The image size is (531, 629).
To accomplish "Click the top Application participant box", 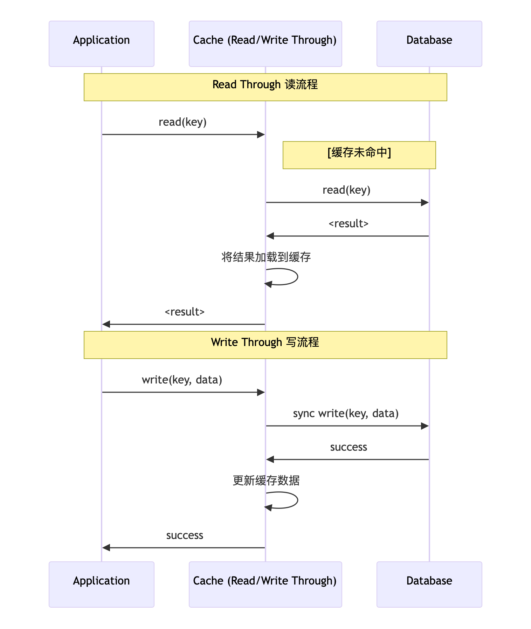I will pyautogui.click(x=102, y=44).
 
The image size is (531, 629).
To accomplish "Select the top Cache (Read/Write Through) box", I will pyautogui.click(x=265, y=44).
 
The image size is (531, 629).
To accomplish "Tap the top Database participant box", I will pyautogui.click(x=429, y=44).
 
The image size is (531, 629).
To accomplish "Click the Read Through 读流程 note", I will pyautogui.click(x=265, y=87).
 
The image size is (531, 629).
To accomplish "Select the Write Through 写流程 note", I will pyautogui.click(x=265, y=345).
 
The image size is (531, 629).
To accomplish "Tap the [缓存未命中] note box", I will pyautogui.click(x=359, y=155).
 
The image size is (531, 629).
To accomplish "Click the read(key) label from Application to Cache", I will pyautogui.click(x=182, y=122).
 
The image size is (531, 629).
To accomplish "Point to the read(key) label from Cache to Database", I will pyautogui.click(x=346, y=190).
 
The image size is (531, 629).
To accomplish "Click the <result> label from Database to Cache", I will pyautogui.click(x=349, y=224).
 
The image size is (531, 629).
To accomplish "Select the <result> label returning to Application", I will pyautogui.click(x=185, y=312).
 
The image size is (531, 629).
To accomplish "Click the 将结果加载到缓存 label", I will pyautogui.click(x=266, y=257).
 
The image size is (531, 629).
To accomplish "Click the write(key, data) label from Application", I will pyautogui.click(x=182, y=380).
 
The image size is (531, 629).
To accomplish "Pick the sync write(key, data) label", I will pyautogui.click(x=346, y=414).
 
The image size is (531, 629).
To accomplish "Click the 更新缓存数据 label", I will pyautogui.click(x=266, y=481).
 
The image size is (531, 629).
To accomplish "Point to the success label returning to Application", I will pyautogui.click(x=185, y=535).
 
